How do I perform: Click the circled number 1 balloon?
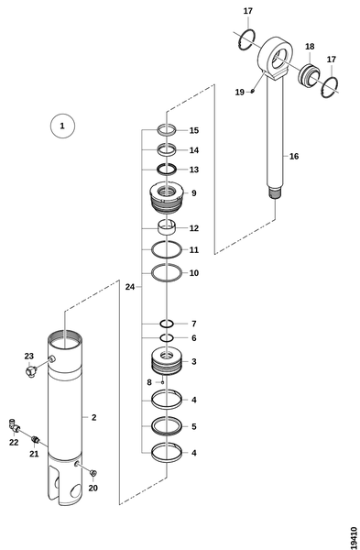coord(62,126)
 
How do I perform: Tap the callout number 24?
coord(130,287)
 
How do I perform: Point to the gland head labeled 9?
coord(166,198)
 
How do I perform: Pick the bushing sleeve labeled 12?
coord(166,227)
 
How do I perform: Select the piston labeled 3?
coord(167,361)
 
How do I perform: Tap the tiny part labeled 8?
coord(162,382)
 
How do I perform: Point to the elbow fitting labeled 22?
coord(14,424)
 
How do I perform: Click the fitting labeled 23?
coord(31,371)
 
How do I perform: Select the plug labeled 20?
coord(93,474)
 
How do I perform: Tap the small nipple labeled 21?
coord(35,439)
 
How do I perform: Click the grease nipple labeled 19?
coord(252,92)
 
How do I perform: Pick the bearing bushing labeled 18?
coord(310,74)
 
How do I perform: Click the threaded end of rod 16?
coord(275,194)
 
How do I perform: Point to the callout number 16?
coord(294,157)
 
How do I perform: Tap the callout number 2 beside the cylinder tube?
coord(94,417)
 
